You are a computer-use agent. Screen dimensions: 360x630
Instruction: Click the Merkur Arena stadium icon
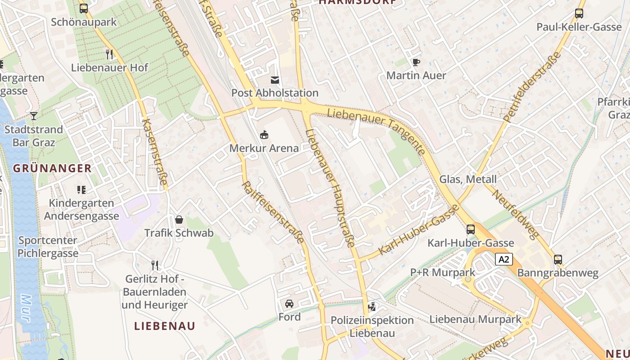coord(264,134)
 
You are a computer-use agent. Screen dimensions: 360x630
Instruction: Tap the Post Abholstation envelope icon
coord(274,80)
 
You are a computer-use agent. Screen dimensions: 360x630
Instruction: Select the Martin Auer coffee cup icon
coord(416,62)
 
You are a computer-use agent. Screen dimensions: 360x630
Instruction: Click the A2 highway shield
coord(504,259)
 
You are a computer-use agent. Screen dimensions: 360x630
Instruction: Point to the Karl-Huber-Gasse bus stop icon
coord(470,229)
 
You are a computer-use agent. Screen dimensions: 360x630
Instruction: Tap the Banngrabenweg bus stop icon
coord(558,260)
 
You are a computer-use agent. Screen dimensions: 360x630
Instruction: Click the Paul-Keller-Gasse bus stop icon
coord(579,13)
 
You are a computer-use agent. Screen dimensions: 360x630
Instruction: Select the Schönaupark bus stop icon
coord(84,8)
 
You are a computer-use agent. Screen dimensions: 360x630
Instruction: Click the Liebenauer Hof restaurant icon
coord(109,54)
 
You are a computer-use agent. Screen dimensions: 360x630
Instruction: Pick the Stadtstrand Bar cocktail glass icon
coord(34,116)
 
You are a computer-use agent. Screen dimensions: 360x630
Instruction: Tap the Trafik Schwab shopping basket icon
coord(179,220)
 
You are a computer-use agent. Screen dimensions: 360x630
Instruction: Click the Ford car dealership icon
coord(289,303)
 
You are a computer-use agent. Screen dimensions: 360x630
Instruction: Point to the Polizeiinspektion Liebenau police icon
coord(372,307)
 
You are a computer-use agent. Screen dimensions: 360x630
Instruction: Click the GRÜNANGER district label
coord(52,169)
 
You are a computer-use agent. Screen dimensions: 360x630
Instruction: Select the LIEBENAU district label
coord(165,326)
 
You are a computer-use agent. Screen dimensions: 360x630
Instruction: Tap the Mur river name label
coord(26,308)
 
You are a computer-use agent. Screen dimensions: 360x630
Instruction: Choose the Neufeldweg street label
coord(515,213)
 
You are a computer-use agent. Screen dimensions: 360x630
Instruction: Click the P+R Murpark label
coord(442,272)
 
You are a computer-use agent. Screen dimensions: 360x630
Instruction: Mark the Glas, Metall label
coord(468,180)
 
